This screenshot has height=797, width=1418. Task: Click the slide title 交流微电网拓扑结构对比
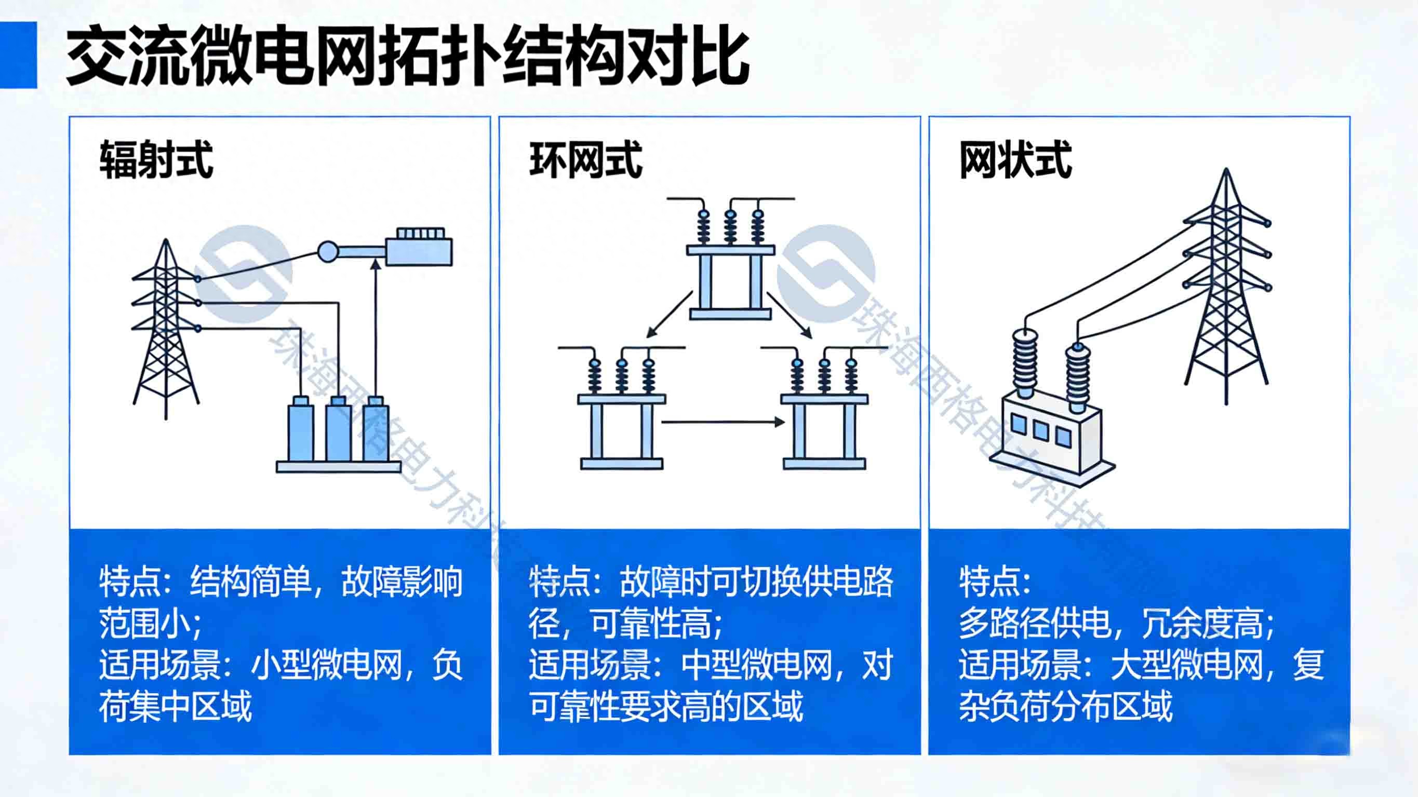[x=408, y=56]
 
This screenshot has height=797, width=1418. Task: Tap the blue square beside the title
[x=18, y=55]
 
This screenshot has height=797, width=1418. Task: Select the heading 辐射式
[x=156, y=159]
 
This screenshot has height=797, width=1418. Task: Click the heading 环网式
[x=586, y=159]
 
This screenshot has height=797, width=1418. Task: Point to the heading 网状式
[x=1015, y=159]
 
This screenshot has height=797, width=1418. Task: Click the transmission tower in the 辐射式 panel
[x=166, y=329]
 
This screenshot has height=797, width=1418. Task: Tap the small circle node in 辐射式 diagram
[x=328, y=251]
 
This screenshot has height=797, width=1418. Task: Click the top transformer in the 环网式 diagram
[x=730, y=258]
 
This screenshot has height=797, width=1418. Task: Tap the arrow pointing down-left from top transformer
[x=670, y=314]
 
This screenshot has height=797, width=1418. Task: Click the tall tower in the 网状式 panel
[x=1226, y=286]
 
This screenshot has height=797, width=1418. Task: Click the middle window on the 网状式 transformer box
[x=1040, y=430]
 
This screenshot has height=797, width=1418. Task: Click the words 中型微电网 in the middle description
[x=757, y=665]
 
